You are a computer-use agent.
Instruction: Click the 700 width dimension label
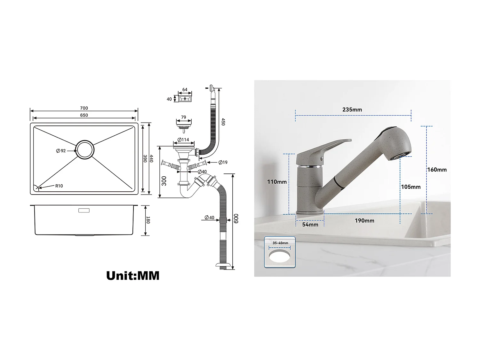pyautogui.click(x=84, y=108)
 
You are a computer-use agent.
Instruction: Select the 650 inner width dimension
pyautogui.click(x=84, y=115)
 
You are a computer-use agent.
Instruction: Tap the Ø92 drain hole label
pyautogui.click(x=61, y=151)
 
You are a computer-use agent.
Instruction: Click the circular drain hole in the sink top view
pyautogui.click(x=85, y=149)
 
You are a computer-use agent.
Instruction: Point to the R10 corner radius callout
pyautogui.click(x=59, y=186)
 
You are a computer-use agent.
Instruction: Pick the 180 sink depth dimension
pyautogui.click(x=148, y=220)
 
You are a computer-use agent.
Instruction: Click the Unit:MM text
pyautogui.click(x=133, y=276)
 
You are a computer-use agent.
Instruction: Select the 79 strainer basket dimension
pyautogui.click(x=183, y=117)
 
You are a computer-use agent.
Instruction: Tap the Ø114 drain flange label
pyautogui.click(x=183, y=140)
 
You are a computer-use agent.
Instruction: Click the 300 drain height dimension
pyautogui.click(x=164, y=181)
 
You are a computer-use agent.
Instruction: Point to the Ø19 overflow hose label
pyautogui.click(x=223, y=163)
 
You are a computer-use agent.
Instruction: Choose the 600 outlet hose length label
pyautogui.click(x=236, y=219)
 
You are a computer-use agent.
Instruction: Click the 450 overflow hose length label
pyautogui.click(x=223, y=122)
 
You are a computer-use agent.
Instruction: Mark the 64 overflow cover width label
pyautogui.click(x=185, y=90)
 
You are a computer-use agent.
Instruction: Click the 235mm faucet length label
pyautogui.click(x=352, y=110)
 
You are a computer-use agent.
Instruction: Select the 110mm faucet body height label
pyautogui.click(x=277, y=182)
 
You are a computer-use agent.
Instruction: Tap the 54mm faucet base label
pyautogui.click(x=310, y=225)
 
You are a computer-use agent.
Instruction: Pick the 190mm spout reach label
pyautogui.click(x=364, y=220)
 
